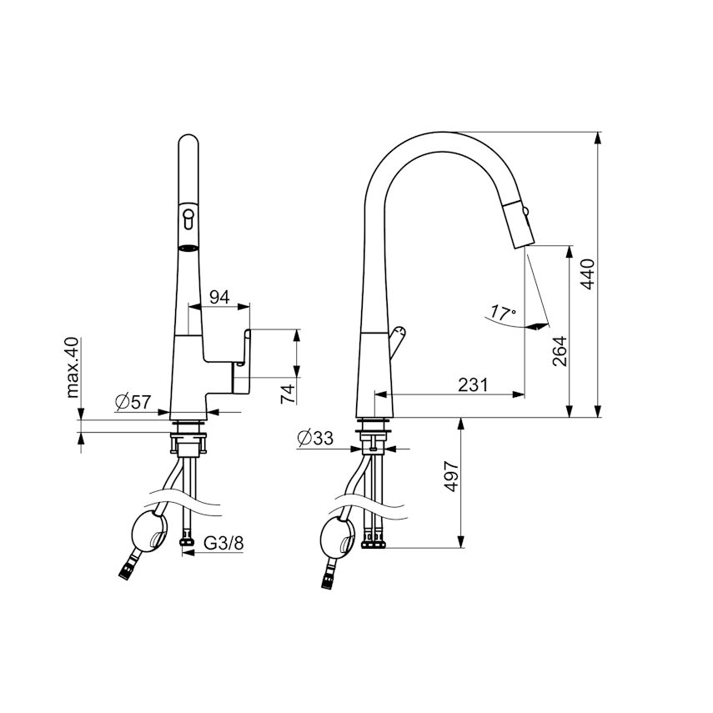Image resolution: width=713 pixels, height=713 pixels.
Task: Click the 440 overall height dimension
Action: tap(589, 274)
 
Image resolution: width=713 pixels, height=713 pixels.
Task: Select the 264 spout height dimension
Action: tap(560, 351)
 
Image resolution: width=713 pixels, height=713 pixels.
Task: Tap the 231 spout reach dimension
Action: tap(473, 384)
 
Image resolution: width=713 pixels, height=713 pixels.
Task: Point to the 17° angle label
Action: tap(503, 314)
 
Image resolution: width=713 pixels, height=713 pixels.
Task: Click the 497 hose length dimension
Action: tap(451, 476)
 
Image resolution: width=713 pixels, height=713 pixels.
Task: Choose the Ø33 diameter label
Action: tap(315, 438)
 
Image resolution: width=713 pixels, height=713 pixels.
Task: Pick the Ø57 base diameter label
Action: tap(133, 401)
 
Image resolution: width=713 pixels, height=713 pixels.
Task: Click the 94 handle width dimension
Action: tap(219, 298)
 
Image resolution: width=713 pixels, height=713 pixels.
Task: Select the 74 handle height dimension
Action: tap(288, 394)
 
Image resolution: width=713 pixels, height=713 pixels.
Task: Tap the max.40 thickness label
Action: tap(73, 368)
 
